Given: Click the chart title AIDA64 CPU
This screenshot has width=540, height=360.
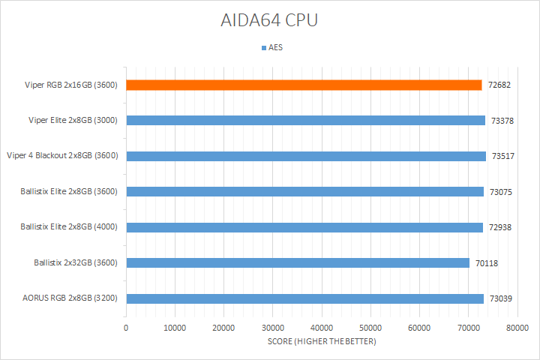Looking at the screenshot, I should tap(269, 20).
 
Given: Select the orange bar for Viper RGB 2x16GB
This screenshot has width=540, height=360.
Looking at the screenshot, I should tap(304, 85).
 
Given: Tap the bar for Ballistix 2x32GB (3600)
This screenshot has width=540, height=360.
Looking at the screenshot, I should tap(298, 262).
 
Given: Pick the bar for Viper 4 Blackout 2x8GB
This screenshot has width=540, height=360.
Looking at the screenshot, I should tap(306, 156).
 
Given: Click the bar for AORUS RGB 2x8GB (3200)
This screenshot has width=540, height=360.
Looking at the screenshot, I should tap(304, 298).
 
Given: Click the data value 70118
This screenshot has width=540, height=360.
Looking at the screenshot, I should tap(487, 263).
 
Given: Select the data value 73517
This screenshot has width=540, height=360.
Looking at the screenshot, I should tap(504, 156).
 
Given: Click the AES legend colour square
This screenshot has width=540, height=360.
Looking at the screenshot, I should tap(263, 48).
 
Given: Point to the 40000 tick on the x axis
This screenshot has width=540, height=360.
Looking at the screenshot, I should tap(322, 328).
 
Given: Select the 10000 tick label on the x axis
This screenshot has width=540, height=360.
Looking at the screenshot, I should tap(175, 328).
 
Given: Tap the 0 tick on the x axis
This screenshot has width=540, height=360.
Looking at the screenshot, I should tap(126, 328).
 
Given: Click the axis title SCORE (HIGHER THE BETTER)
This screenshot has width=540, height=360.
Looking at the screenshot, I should tap(322, 341).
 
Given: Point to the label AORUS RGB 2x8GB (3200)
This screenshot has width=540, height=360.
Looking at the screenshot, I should tap(70, 298).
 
